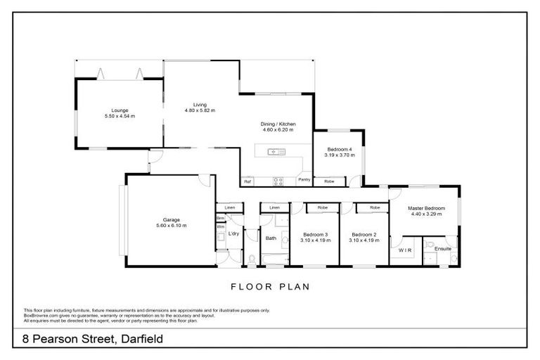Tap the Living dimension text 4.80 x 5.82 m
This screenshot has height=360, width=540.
200,110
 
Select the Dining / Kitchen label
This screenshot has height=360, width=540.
277,124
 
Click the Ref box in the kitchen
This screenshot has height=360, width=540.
247,181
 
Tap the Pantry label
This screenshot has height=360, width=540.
304,180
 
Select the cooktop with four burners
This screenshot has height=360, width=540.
278,181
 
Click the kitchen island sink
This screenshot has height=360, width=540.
275,151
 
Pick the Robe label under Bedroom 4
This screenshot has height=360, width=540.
329,181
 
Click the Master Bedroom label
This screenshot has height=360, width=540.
426,208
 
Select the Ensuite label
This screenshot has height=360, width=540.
443,249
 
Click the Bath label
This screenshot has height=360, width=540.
271,238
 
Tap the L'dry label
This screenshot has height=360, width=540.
234,233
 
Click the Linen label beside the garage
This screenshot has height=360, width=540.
229,208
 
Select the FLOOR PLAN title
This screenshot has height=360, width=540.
270,287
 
